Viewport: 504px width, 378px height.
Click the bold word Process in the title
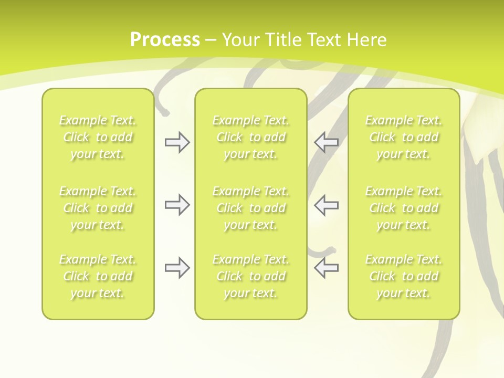tap(165, 39)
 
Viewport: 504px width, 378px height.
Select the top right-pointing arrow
tap(177, 142)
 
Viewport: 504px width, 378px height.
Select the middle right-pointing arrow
tap(177, 205)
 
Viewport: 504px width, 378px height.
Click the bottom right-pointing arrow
tap(177, 268)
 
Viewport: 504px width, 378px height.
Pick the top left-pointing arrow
tap(327, 142)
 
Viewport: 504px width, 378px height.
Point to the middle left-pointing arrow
tap(327, 205)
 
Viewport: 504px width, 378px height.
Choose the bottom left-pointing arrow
tap(327, 268)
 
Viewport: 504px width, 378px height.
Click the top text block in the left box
tap(98, 137)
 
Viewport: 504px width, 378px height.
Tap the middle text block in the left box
tap(98, 208)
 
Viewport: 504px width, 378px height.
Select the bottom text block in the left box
tap(98, 276)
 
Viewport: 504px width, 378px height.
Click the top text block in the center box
tap(251, 137)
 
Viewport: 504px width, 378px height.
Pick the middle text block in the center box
tap(251, 208)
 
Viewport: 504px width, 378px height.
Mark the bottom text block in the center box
tap(251, 276)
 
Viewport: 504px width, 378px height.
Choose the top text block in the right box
tap(404, 137)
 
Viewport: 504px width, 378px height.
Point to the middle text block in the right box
tap(404, 208)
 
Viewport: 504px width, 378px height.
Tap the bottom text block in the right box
tap(404, 276)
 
